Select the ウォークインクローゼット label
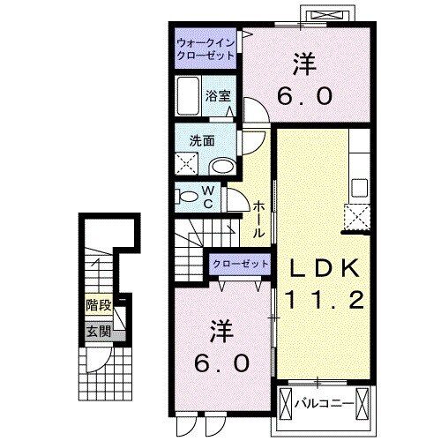coord(206,48)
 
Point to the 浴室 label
coord(219,97)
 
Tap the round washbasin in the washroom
coord(222,166)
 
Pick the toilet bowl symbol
coord(186,195)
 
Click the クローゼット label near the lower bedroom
coord(240,264)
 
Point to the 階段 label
coord(97,306)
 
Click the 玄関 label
coord(97,333)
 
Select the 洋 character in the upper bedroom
coord(305,64)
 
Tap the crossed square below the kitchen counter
coord(357,216)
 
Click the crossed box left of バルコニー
coord(288,403)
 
